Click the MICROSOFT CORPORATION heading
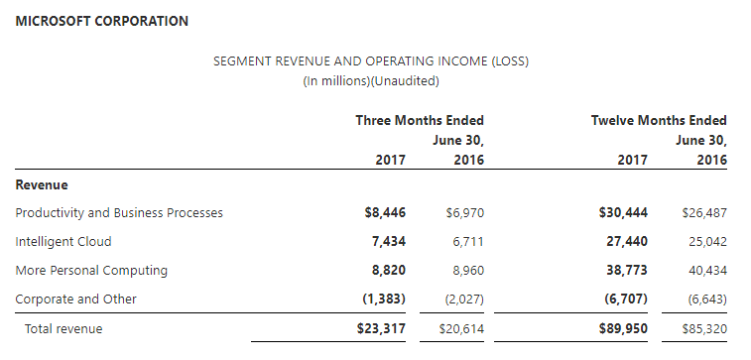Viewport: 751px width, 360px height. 102,21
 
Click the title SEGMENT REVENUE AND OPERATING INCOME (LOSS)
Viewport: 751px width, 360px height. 371,61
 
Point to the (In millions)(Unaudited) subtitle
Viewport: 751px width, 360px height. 371,81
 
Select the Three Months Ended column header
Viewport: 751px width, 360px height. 420,120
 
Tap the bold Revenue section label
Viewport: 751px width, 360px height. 42,184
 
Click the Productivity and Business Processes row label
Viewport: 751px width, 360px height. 119,212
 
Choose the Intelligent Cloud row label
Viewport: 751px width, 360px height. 63,241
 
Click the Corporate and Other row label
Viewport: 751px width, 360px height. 76,299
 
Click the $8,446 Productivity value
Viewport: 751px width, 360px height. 385,212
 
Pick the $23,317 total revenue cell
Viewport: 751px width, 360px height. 381,328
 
